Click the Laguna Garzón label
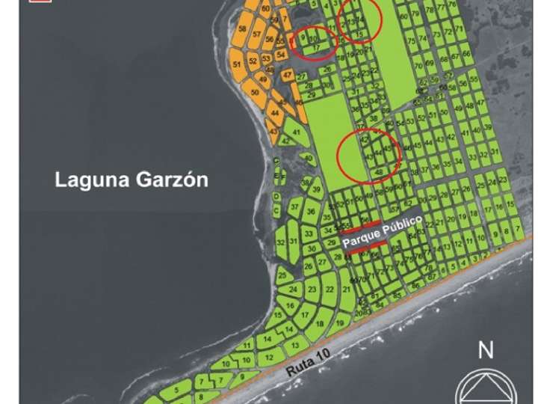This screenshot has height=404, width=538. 131,180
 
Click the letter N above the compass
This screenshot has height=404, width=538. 486,349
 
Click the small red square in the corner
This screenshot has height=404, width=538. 33,2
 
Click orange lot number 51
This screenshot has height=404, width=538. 237,65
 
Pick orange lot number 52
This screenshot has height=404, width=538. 253,61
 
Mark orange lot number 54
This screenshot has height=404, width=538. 280,55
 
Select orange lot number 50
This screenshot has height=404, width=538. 255,93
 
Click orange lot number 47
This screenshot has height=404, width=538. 288,75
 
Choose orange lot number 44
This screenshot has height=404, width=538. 275,113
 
